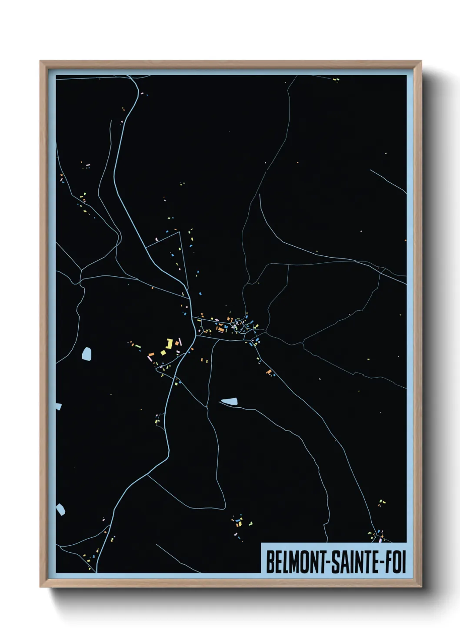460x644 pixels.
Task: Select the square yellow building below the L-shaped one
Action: pyautogui.click(x=163, y=352)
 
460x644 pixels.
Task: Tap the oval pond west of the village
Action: pyautogui.click(x=87, y=354)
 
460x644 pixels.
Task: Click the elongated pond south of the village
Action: pyautogui.click(x=229, y=401)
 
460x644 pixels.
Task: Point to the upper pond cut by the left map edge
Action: pyautogui.click(x=58, y=406)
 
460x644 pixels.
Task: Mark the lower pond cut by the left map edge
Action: pyautogui.click(x=60, y=509)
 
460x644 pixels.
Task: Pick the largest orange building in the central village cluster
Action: pyautogui.click(x=221, y=329)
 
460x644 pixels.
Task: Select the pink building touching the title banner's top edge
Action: pyautogui.click(x=380, y=540)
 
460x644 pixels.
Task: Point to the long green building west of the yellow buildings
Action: pyautogui.click(x=138, y=346)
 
